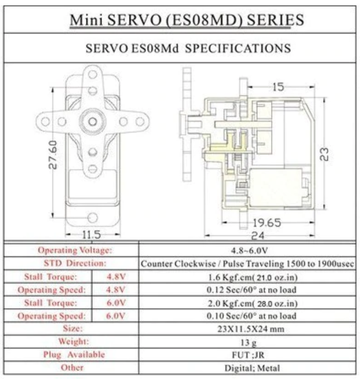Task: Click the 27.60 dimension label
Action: pyautogui.click(x=53, y=155)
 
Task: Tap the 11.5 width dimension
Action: pyautogui.click(x=91, y=235)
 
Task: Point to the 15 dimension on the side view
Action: pyautogui.click(x=278, y=87)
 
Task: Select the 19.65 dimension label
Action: pyautogui.click(x=267, y=223)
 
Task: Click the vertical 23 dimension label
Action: pyautogui.click(x=324, y=154)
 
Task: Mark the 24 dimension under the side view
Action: pyautogui.click(x=258, y=235)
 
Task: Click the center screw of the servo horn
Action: pyautogui.click(x=93, y=121)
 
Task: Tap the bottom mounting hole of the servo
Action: pyautogui.click(x=93, y=218)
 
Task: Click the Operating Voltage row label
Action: pyautogui.click(x=75, y=250)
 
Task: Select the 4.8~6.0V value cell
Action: pyautogui.click(x=249, y=251)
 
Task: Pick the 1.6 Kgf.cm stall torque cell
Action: pyautogui.click(x=253, y=277)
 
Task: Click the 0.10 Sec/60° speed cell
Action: pyautogui.click(x=251, y=316)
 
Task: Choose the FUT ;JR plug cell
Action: pyautogui.click(x=248, y=355)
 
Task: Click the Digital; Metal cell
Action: pyautogui.click(x=252, y=368)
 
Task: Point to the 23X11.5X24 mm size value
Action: pyautogui.click(x=251, y=329)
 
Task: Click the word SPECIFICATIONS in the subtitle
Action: pyautogui.click(x=238, y=48)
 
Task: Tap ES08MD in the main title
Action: pyautogui.click(x=204, y=20)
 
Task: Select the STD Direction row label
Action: pyautogui.click(x=75, y=263)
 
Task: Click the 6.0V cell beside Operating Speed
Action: pyautogui.click(x=116, y=316)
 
